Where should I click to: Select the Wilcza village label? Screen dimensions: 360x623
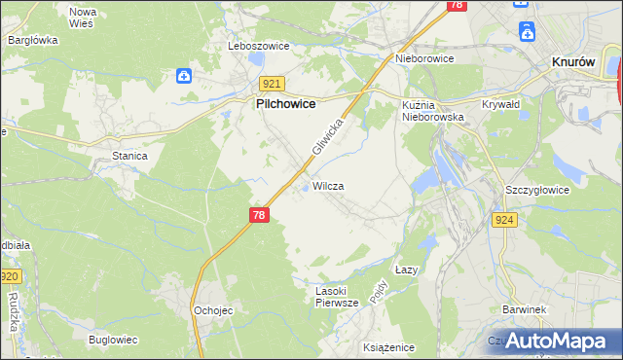coord(328,185)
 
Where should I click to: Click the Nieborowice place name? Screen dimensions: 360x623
coord(424,57)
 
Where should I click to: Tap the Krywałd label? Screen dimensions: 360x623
coord(502,103)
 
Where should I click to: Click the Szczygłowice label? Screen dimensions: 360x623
coord(536,190)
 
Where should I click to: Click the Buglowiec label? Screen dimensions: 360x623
coord(114,340)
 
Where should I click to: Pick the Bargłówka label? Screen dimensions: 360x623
coord(33,40)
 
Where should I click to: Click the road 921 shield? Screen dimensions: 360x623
coord(273,85)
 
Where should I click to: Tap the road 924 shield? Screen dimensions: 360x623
coord(504,221)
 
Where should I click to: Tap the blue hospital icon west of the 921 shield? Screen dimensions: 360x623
coord(184,75)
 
